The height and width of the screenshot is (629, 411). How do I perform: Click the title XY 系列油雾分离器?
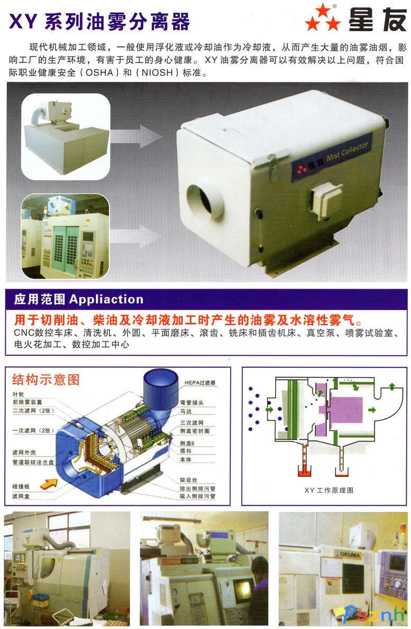tap(99, 21)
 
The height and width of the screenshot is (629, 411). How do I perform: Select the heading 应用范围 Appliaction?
tap(79, 299)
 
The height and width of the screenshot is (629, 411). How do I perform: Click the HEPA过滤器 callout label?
tap(200, 383)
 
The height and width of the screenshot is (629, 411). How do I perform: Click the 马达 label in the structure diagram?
tap(186, 411)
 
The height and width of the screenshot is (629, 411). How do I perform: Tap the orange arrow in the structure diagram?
tap(49, 484)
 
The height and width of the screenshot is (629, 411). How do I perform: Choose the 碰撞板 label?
tap(21, 487)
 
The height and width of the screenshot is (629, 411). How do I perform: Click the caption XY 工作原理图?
tap(328, 490)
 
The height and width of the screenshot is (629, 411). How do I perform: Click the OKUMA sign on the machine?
tap(350, 555)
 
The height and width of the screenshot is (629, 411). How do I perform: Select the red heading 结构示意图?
tap(46, 380)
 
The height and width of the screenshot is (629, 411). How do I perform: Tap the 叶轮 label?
tap(18, 394)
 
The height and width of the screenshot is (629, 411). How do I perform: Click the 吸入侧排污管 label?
tap(197, 496)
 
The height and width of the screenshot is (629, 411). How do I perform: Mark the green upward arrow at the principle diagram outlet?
tap(392, 387)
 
